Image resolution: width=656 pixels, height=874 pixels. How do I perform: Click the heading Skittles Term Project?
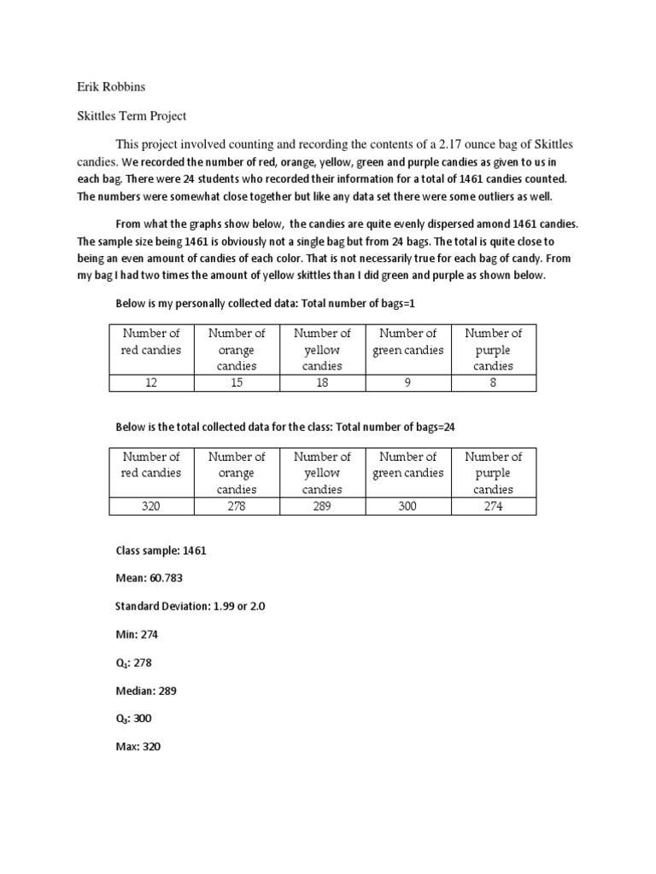click(x=132, y=115)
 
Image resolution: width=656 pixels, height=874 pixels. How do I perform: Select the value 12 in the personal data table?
click(x=152, y=383)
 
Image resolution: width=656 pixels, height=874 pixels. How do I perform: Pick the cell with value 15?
click(x=237, y=383)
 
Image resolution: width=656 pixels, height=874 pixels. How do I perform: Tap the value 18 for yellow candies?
click(x=323, y=383)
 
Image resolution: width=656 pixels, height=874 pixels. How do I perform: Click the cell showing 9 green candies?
click(x=408, y=383)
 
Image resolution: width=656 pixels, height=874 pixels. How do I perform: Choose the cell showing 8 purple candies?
click(x=494, y=383)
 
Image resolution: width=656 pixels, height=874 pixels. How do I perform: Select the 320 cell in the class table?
click(x=152, y=506)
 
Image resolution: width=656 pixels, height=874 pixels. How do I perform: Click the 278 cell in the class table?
click(x=237, y=506)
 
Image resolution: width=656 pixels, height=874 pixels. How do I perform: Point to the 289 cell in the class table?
click(x=323, y=506)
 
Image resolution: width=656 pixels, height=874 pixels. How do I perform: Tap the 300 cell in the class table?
click(x=408, y=506)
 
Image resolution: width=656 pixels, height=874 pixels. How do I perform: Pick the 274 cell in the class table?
click(x=494, y=506)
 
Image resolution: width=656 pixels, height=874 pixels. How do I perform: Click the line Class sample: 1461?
click(x=161, y=551)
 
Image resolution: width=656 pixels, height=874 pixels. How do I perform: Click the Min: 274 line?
click(x=137, y=634)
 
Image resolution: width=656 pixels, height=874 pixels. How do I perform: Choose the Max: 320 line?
click(x=138, y=747)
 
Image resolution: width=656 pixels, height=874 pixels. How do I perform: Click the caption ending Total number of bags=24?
click(x=291, y=426)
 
